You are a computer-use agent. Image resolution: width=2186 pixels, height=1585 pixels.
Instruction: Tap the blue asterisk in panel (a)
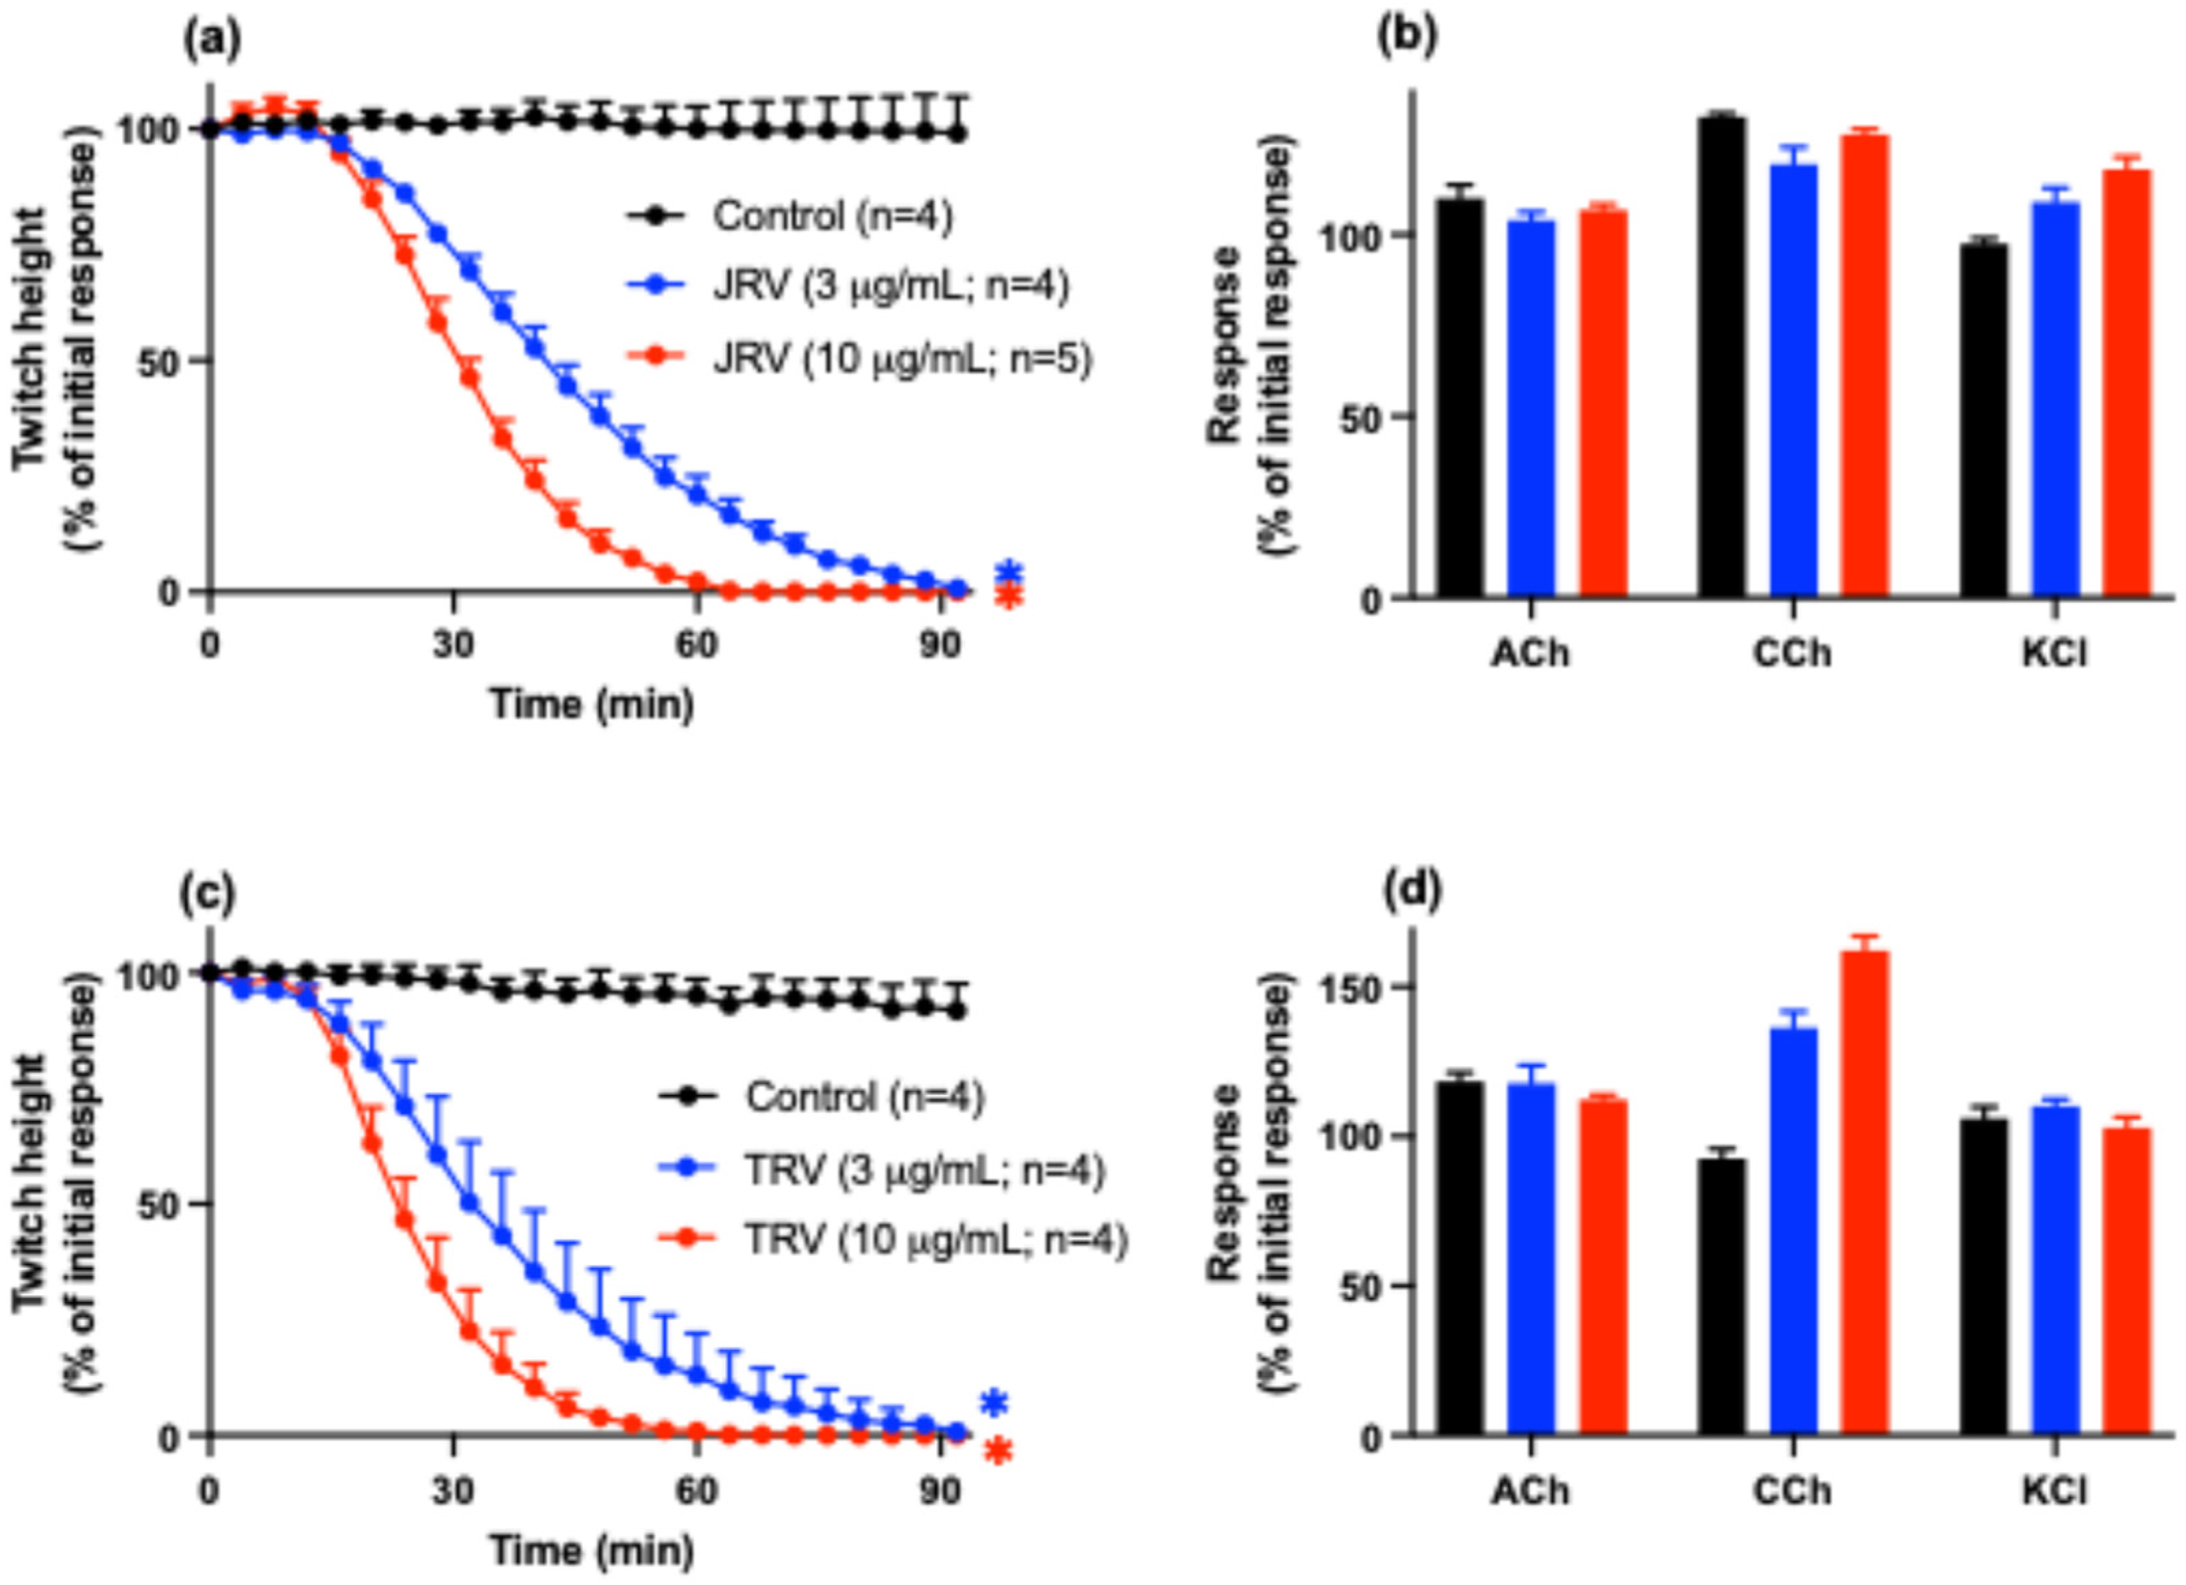pos(1009,571)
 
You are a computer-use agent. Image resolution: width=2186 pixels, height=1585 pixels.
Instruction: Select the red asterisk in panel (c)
pos(998,1451)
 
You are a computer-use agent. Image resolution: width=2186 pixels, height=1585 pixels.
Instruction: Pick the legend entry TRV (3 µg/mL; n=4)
pos(923,1170)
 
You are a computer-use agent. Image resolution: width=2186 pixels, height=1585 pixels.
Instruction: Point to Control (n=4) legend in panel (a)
pos(831,216)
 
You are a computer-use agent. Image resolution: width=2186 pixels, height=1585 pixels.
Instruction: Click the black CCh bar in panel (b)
pos(1721,357)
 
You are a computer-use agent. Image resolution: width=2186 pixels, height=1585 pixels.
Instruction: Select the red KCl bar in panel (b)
pos(2127,386)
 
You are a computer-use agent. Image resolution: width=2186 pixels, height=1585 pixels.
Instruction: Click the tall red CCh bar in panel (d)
pos(1865,1196)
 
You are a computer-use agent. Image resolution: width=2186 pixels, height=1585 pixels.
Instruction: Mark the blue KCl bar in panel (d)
pos(2056,1273)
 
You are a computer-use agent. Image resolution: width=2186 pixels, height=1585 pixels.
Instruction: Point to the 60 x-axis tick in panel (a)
pos(696,644)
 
